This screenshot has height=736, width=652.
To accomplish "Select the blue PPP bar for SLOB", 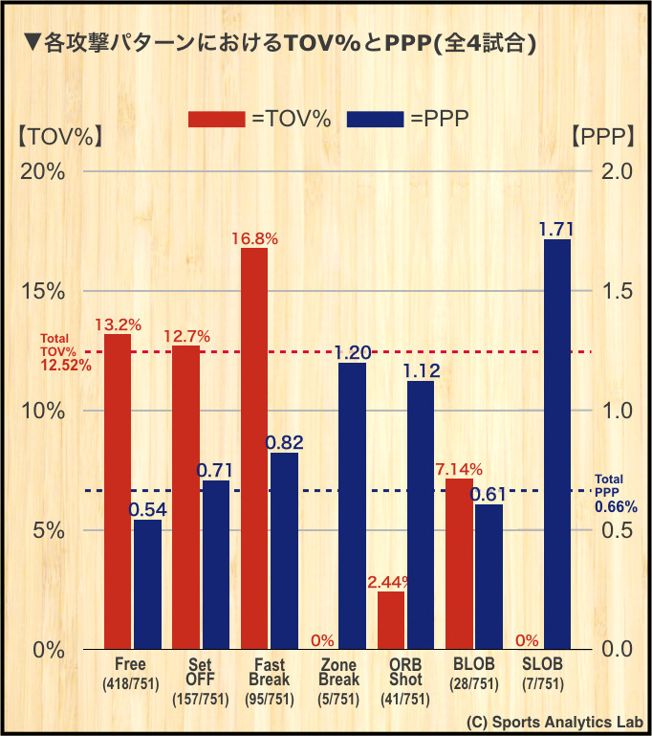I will pos(556,444).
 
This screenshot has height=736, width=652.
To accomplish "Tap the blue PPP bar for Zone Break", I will pos(352,505).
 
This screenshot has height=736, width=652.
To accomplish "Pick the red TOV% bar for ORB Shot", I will pos(391,620).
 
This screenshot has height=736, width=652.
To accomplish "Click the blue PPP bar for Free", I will pos(147,584).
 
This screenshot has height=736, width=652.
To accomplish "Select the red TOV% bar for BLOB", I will pos(459,564).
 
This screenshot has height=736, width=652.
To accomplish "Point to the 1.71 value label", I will pos(556,230).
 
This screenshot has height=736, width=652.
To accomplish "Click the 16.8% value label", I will pos(254,239).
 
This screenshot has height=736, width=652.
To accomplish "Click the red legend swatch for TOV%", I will pos(215,119).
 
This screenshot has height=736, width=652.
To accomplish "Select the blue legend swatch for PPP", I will pos(375,119).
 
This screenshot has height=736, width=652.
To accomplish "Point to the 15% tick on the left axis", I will pos(43,291).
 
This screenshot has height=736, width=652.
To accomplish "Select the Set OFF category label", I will pos(199,681).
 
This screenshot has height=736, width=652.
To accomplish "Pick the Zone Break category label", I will pos(338,681).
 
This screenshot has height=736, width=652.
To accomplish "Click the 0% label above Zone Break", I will pos(322,640).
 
